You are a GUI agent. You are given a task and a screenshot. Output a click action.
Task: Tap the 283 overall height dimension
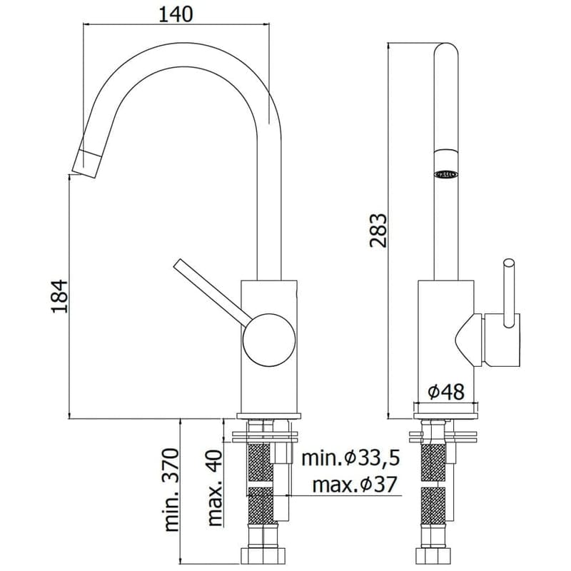379,231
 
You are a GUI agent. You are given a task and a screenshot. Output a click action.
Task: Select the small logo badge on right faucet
446,173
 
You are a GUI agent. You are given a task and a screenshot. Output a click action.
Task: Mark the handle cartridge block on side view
500,340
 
